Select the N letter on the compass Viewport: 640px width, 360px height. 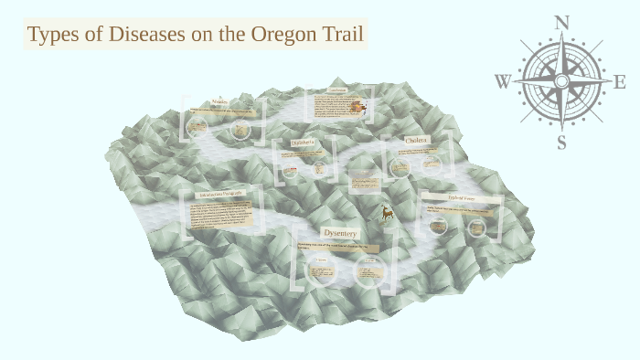click(561, 22)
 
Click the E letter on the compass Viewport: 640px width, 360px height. click(619, 82)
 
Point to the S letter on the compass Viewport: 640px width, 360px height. click(561, 142)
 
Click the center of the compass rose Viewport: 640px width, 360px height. click(561, 81)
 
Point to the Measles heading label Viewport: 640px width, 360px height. click(220, 101)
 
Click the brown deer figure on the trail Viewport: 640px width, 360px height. click(388, 213)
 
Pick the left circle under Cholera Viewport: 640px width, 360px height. click(399, 167)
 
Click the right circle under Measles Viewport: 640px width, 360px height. click(240, 130)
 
